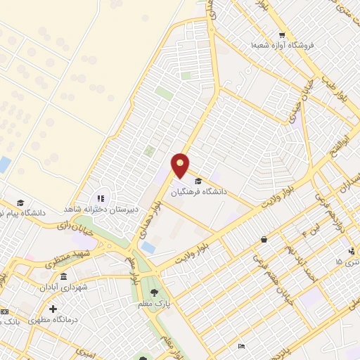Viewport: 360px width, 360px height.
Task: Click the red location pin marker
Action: [181, 165]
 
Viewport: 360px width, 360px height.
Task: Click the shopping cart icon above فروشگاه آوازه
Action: [281, 35]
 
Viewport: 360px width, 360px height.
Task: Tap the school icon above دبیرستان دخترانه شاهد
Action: [101, 199]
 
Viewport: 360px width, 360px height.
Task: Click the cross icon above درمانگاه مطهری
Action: [53, 309]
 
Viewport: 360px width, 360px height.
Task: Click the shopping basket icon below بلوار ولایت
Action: [264, 239]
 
